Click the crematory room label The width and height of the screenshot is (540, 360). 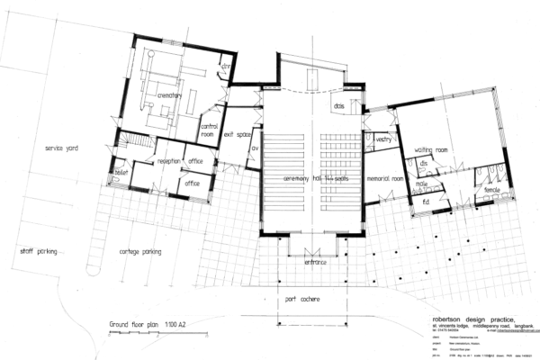pos(170,95)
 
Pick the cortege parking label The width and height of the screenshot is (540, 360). pos(140,252)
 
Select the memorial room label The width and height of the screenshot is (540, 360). pos(384,178)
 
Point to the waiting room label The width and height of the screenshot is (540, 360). pos(432,148)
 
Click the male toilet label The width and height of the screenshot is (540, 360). pos(420,184)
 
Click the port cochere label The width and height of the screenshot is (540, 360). pos(303,297)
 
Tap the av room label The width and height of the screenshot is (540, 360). pos(255,149)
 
